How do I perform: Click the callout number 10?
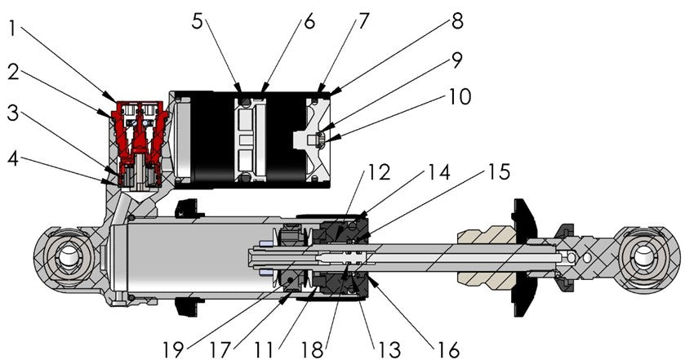coord(459,98)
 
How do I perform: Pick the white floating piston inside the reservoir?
coord(250,139)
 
